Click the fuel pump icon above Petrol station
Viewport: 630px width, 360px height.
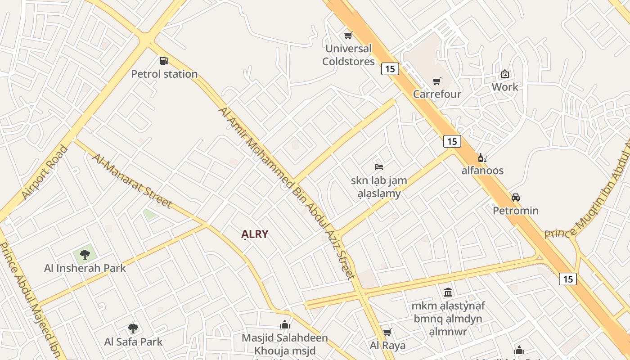(164, 60)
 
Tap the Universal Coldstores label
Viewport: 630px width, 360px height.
(348, 55)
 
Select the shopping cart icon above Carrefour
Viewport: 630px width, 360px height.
(436, 81)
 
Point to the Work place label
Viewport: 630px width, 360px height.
(505, 87)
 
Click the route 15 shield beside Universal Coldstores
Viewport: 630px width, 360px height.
(390, 69)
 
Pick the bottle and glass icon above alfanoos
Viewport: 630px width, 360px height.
(482, 157)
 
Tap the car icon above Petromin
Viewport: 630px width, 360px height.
(516, 197)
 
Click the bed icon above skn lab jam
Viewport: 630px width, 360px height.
(379, 167)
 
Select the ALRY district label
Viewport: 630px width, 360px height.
(255, 234)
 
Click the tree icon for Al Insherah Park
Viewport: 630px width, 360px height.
(85, 255)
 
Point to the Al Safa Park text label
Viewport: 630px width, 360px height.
(133, 342)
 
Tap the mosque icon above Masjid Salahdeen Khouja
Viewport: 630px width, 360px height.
(284, 324)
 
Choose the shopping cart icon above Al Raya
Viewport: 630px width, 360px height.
(387, 332)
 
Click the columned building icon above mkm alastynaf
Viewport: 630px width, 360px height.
(448, 292)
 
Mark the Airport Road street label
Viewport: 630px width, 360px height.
(45, 172)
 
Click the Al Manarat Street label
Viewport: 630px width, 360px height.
(132, 180)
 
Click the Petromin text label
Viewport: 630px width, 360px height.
(516, 211)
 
